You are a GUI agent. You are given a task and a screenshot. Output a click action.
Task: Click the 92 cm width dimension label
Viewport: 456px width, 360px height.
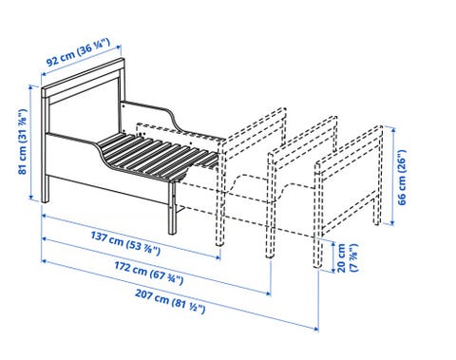pyautogui.click(x=79, y=52)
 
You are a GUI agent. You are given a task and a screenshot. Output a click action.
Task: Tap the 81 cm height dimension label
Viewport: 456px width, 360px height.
pyautogui.click(x=23, y=142)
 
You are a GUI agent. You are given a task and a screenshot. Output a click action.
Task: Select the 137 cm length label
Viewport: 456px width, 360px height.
pyautogui.click(x=125, y=243)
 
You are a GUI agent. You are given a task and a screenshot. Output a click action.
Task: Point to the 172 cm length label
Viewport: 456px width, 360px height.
pyautogui.click(x=149, y=273)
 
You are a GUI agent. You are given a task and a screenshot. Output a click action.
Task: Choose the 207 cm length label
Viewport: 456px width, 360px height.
pyautogui.click(x=170, y=301)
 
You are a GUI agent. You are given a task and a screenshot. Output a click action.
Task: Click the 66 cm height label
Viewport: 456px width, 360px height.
pyautogui.click(x=402, y=177)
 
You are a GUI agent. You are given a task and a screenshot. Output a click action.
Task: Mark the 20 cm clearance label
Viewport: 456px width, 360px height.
pyautogui.click(x=347, y=257)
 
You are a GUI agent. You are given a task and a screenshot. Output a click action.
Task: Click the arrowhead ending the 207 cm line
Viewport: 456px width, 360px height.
pyautogui.click(x=315, y=329)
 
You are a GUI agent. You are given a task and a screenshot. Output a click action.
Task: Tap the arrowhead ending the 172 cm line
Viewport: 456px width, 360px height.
pyautogui.click(x=268, y=294)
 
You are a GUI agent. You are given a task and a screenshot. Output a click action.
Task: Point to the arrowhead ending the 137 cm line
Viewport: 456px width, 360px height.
pyautogui.click(x=218, y=256)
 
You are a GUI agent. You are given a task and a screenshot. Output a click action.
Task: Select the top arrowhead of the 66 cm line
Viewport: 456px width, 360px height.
pyautogui.click(x=392, y=130)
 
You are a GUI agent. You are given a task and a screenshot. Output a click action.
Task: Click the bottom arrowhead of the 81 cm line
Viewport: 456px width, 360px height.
pyautogui.click(x=31, y=197)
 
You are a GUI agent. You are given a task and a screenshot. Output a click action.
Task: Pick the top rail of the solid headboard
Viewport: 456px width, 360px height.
pyautogui.click(x=82, y=75)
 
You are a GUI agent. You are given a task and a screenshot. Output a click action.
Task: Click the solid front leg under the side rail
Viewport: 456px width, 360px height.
pyautogui.click(x=172, y=207)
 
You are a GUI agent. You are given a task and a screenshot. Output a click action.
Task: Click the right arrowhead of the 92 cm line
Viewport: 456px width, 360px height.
pyautogui.click(x=119, y=47)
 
